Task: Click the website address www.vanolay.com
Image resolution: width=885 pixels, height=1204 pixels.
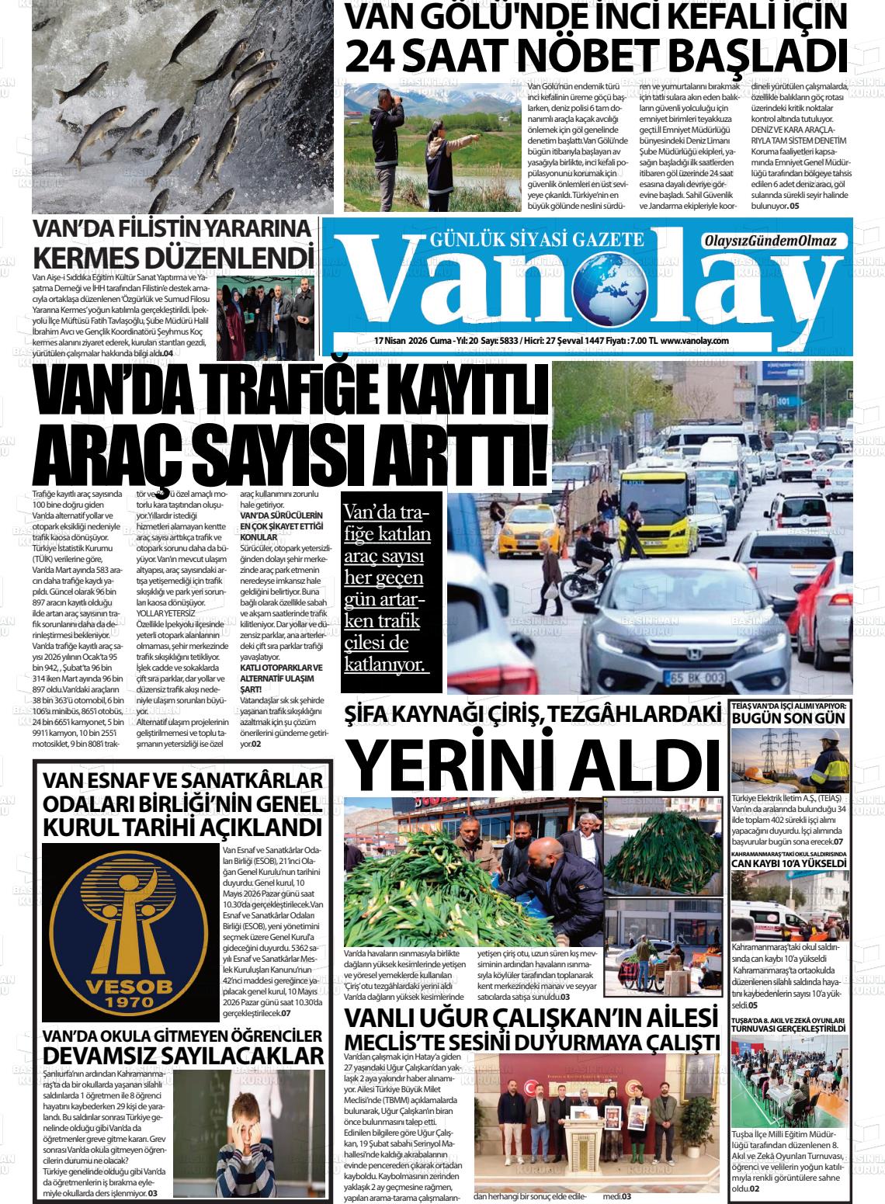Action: pyautogui.click(x=694, y=341)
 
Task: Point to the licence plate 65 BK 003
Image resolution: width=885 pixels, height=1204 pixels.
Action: pyautogui.click(x=694, y=677)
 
